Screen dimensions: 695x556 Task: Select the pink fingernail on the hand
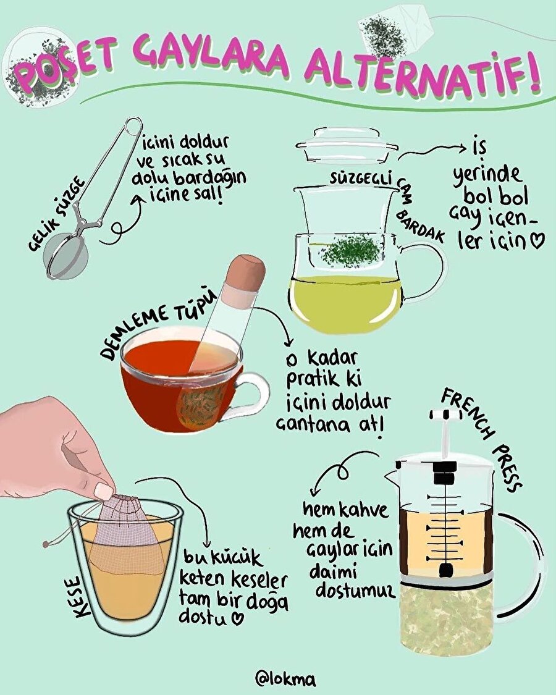coord(104,491)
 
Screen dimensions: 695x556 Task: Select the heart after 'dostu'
coord(235,617)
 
